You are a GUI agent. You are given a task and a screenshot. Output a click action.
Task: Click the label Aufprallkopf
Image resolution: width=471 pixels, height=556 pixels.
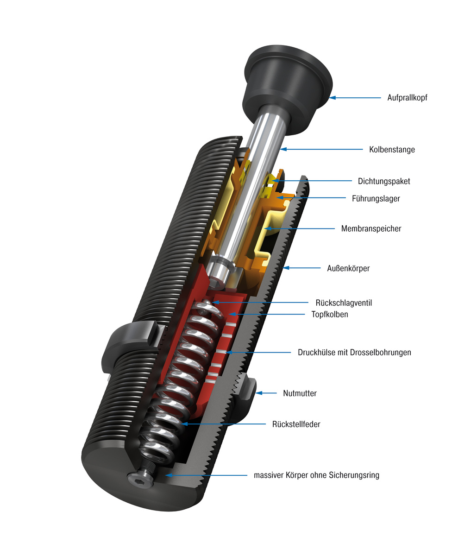tap(407, 98)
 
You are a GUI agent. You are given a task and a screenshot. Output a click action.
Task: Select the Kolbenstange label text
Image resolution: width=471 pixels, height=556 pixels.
tap(392, 150)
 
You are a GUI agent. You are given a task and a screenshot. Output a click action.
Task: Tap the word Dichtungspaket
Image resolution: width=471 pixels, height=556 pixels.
tap(384, 181)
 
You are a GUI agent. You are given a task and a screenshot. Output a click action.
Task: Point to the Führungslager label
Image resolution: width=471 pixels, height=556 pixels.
tap(376, 198)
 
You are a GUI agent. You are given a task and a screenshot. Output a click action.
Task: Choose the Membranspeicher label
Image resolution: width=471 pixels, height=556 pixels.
tap(371, 228)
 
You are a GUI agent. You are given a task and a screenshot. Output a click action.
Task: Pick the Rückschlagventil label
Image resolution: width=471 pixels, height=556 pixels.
tap(344, 303)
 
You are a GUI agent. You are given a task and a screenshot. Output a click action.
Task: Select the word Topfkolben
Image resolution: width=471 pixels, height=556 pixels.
tap(329, 314)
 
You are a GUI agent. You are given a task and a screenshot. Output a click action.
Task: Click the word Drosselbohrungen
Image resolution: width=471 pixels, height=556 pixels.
tap(383, 352)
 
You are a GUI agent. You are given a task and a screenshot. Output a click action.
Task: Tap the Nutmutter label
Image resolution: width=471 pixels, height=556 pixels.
tap(300, 393)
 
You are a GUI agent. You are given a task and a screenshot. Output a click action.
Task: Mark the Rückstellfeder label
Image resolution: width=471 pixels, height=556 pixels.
tap(296, 424)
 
